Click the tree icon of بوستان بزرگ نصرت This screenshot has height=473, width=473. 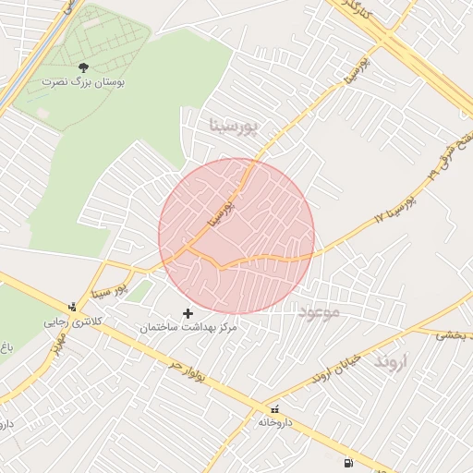coord(84,67)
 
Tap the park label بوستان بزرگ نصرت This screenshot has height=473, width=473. coord(82,82)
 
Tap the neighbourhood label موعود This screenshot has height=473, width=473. coord(320,313)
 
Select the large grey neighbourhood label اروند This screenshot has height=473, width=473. coord(390,361)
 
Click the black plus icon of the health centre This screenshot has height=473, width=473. coord(189,314)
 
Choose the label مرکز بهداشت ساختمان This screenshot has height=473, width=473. coord(188,328)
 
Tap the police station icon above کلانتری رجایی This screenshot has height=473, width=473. coord(73,308)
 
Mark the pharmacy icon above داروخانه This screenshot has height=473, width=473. coord(274,409)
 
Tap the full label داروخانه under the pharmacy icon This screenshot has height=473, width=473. coord(275,423)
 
